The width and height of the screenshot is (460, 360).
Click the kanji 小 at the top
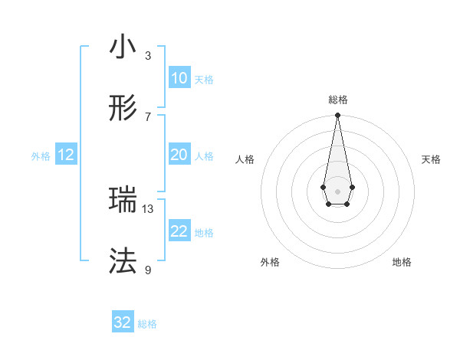coord(123,47)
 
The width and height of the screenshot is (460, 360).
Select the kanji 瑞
coord(123,201)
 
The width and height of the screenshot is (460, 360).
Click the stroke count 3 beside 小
coord(148,55)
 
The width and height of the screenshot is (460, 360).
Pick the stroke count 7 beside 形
coord(148,116)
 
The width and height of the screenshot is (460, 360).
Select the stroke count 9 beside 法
coord(148,270)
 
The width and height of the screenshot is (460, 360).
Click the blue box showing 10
coord(179,78)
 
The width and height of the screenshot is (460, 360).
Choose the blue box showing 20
coord(179,155)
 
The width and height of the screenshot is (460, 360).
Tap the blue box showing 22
coord(179,231)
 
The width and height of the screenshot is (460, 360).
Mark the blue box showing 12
coord(66,155)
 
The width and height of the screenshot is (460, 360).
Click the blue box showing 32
coord(123,322)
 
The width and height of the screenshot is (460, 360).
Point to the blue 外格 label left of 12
coord(41,155)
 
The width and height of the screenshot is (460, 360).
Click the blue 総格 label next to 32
coord(147,324)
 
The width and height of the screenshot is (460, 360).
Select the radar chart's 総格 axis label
coord(337,100)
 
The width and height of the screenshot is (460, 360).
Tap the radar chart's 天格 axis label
coord(432,159)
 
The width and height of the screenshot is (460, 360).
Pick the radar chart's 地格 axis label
coord(402,262)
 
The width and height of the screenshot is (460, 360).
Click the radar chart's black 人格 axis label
coord(245,159)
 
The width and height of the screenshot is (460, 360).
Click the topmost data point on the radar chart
coord(337,115)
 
